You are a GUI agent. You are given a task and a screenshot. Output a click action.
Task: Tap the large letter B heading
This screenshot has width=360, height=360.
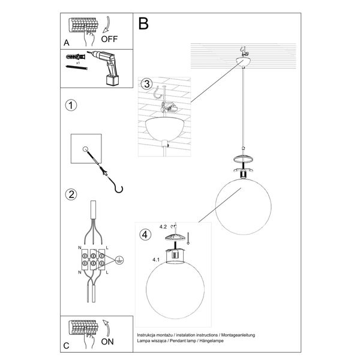(x=143, y=23)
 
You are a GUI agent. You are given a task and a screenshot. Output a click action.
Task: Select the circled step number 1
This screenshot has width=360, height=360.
(x=71, y=106)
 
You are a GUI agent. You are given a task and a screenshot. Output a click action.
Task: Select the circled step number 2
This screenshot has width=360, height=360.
(x=71, y=194)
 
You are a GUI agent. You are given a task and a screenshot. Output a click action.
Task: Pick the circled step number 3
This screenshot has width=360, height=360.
(x=146, y=84)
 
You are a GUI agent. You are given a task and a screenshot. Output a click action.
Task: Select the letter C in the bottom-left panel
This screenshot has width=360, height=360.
(x=67, y=346)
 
